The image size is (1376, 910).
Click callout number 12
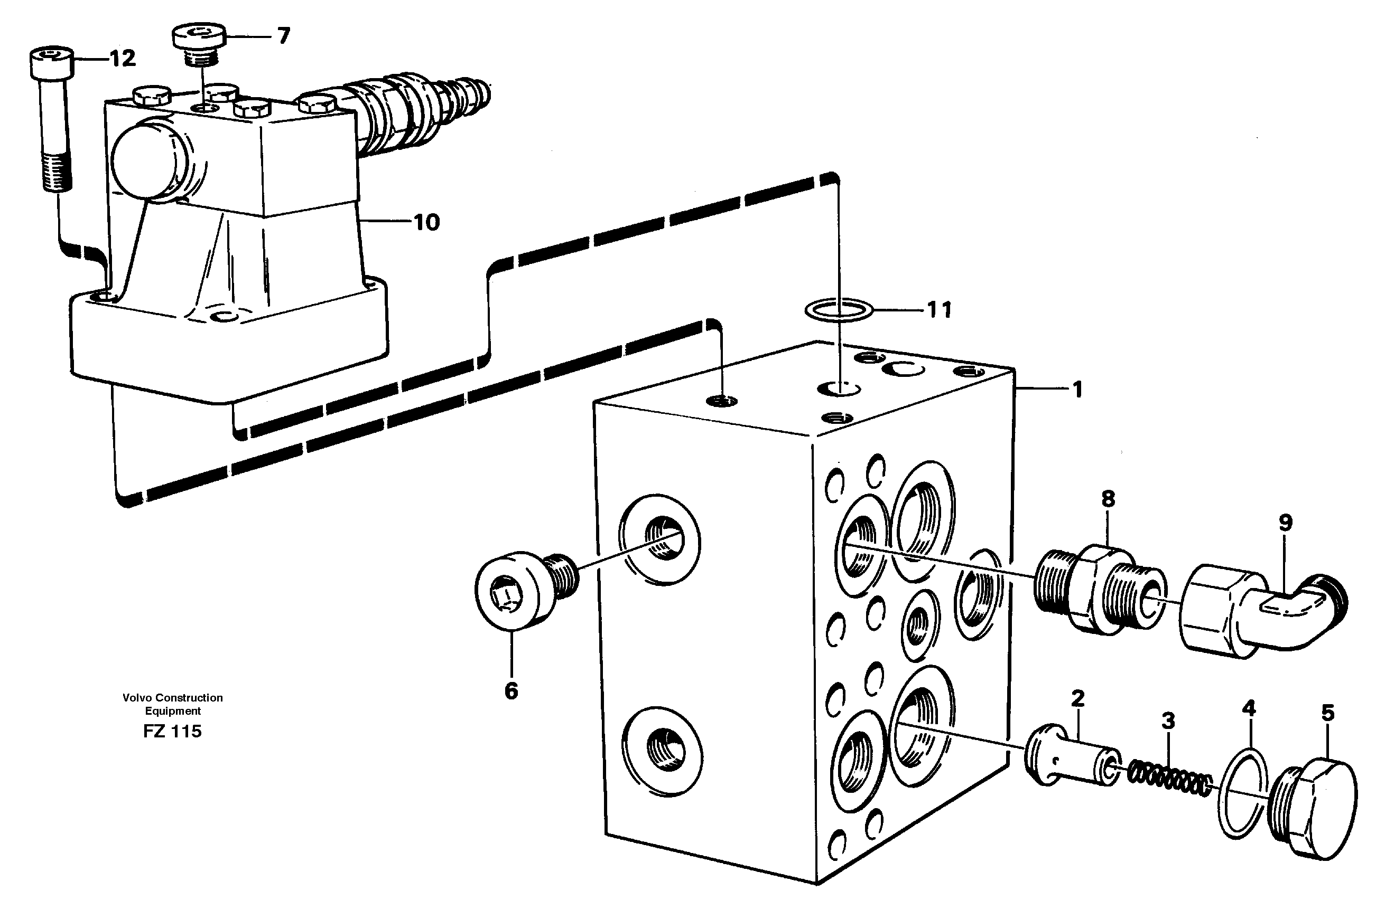pos(123,58)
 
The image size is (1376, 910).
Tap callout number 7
pos(283,36)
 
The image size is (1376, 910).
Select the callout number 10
pos(426,222)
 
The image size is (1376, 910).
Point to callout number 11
pos(938,310)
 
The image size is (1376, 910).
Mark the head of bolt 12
pos(52,63)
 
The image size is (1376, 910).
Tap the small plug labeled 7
pos(198,40)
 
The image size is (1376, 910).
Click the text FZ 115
pos(172,731)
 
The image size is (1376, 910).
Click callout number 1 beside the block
pos(1077,390)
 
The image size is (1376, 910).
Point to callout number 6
pos(510,691)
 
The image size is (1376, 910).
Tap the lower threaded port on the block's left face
pos(662,749)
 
